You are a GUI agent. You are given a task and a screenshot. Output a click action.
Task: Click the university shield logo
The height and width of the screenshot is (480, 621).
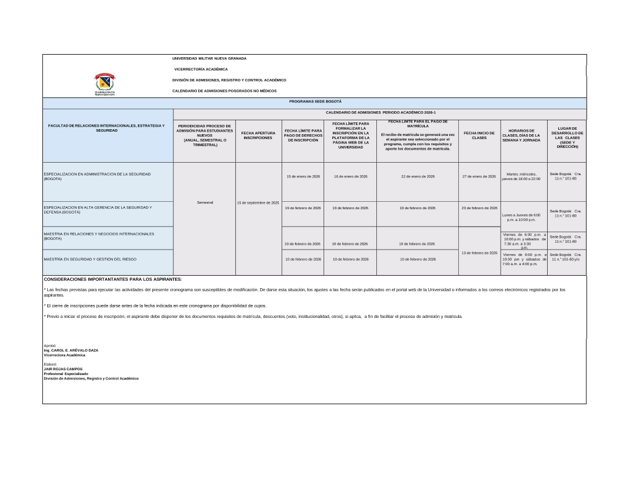point(104,81)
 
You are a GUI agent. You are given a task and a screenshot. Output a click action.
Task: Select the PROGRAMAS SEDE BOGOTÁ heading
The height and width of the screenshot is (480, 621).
point(315,101)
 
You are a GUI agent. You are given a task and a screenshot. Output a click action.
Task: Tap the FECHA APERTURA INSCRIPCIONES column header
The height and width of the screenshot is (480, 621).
point(258,135)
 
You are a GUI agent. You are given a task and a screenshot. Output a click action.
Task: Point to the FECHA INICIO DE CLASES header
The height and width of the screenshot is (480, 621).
point(479,135)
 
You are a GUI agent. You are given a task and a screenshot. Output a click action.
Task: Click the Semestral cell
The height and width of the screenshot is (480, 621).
point(204,202)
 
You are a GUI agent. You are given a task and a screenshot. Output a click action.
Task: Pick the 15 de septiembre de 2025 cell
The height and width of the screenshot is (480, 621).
point(258,202)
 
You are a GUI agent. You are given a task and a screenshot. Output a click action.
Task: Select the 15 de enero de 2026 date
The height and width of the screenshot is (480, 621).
point(302,176)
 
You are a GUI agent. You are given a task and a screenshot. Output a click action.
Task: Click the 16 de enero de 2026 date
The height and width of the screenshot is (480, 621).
point(350,176)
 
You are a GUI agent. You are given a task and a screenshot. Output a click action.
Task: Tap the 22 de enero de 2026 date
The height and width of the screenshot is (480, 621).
point(417,176)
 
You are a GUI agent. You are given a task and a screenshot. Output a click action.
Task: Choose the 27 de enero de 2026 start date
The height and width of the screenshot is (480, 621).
point(479,176)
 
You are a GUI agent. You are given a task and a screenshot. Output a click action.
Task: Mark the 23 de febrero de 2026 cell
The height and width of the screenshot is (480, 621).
point(479,207)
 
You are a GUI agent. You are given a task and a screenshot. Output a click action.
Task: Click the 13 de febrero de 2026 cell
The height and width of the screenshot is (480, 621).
point(479,253)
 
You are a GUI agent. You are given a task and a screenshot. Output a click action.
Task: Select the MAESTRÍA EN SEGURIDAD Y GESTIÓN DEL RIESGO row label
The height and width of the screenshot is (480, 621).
point(90,259)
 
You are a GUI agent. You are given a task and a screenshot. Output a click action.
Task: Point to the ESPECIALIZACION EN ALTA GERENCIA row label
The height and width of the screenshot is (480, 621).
point(97,209)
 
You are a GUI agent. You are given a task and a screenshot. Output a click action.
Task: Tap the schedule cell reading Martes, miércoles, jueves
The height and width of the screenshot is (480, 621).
point(524,176)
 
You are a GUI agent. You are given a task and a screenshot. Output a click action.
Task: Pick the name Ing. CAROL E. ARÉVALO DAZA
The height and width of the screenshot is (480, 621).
point(71,350)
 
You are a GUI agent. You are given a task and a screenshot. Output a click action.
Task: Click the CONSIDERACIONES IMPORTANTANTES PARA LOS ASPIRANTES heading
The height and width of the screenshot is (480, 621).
point(112,279)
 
